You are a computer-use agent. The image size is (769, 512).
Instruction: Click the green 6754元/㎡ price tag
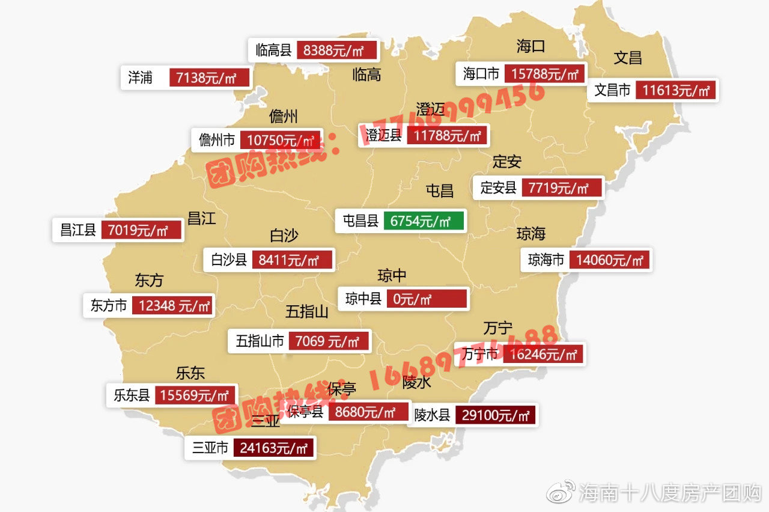[424, 221]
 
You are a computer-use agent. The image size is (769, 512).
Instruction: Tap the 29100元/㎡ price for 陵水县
[495, 415]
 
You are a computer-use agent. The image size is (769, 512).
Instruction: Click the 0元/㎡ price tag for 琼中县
[427, 299]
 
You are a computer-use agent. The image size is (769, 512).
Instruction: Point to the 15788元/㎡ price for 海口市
[545, 75]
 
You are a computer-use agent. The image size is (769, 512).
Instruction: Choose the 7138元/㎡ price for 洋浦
[209, 78]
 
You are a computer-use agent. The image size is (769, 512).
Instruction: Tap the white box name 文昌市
[612, 91]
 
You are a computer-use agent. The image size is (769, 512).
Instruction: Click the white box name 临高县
[273, 50]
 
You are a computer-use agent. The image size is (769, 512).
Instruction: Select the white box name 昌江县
[78, 230]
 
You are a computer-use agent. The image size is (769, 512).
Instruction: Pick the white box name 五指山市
[260, 342]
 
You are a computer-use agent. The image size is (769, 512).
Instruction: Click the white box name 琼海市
[546, 260]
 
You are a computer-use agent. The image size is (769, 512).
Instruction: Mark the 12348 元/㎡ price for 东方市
[172, 306]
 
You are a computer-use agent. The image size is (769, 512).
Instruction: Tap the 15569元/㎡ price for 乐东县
[195, 395]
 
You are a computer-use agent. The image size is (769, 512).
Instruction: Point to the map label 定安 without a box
[506, 162]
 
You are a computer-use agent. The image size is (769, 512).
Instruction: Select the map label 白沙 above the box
[284, 236]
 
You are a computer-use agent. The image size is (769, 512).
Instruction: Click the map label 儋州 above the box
[283, 116]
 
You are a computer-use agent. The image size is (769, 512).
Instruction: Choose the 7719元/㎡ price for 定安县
[561, 188]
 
